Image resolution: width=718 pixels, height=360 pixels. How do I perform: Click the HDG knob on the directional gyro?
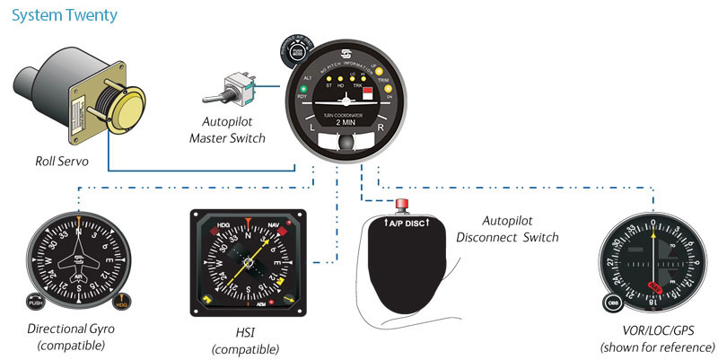tap(123, 303)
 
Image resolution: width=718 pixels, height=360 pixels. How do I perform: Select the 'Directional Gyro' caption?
tap(70, 329)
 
